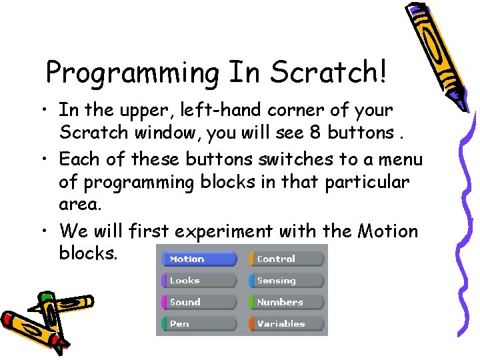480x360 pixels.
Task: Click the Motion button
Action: pyautogui.click(x=199, y=259)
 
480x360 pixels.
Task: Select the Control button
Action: pyautogui.click(x=287, y=259)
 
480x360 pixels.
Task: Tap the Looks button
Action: pyautogui.click(x=199, y=281)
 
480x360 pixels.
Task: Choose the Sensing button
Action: pyautogui.click(x=287, y=281)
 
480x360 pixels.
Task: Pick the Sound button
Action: pyautogui.click(x=199, y=302)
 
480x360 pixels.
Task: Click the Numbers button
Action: pyautogui.click(x=287, y=302)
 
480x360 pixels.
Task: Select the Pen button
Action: pyautogui.click(x=199, y=323)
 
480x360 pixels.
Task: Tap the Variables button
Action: pyautogui.click(x=287, y=323)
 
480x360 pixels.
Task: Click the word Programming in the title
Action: pyautogui.click(x=133, y=73)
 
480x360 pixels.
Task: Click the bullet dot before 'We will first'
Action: pyautogui.click(x=47, y=232)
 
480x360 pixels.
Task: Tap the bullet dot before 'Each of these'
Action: pyautogui.click(x=47, y=160)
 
